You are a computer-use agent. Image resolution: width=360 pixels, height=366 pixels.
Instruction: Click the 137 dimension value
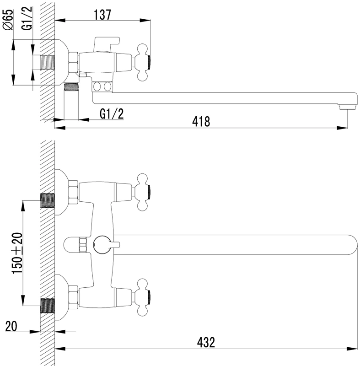[x=102, y=15]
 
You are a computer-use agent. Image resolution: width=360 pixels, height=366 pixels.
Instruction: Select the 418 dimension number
[x=201, y=122]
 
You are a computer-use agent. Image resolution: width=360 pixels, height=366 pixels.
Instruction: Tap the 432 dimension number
[x=206, y=343]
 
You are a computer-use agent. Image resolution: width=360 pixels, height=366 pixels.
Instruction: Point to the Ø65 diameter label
[x=8, y=20]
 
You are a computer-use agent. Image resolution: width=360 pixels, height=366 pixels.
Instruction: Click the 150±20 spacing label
[x=17, y=253]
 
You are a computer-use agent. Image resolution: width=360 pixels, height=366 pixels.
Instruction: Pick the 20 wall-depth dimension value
[x=11, y=326]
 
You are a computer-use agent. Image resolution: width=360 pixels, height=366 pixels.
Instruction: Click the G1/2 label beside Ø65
[x=27, y=18]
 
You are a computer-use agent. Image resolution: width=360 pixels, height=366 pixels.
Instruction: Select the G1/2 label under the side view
[x=112, y=114]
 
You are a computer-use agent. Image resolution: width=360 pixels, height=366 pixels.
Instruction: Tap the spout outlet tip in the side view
[x=348, y=107]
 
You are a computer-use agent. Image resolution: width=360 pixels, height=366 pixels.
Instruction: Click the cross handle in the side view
[x=143, y=63]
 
